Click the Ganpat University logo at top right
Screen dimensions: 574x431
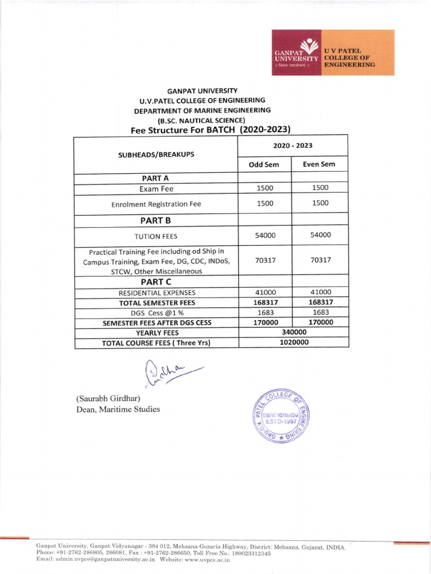pos(324,52)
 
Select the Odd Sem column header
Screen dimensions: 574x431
pos(264,164)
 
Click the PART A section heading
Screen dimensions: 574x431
pos(157,178)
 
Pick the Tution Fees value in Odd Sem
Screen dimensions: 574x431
pos(264,235)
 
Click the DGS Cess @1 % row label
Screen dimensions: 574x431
pos(157,312)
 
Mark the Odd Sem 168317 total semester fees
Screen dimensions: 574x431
pos(264,302)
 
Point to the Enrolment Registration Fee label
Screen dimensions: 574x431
pos(157,205)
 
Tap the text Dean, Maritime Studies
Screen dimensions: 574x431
pos(118,409)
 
